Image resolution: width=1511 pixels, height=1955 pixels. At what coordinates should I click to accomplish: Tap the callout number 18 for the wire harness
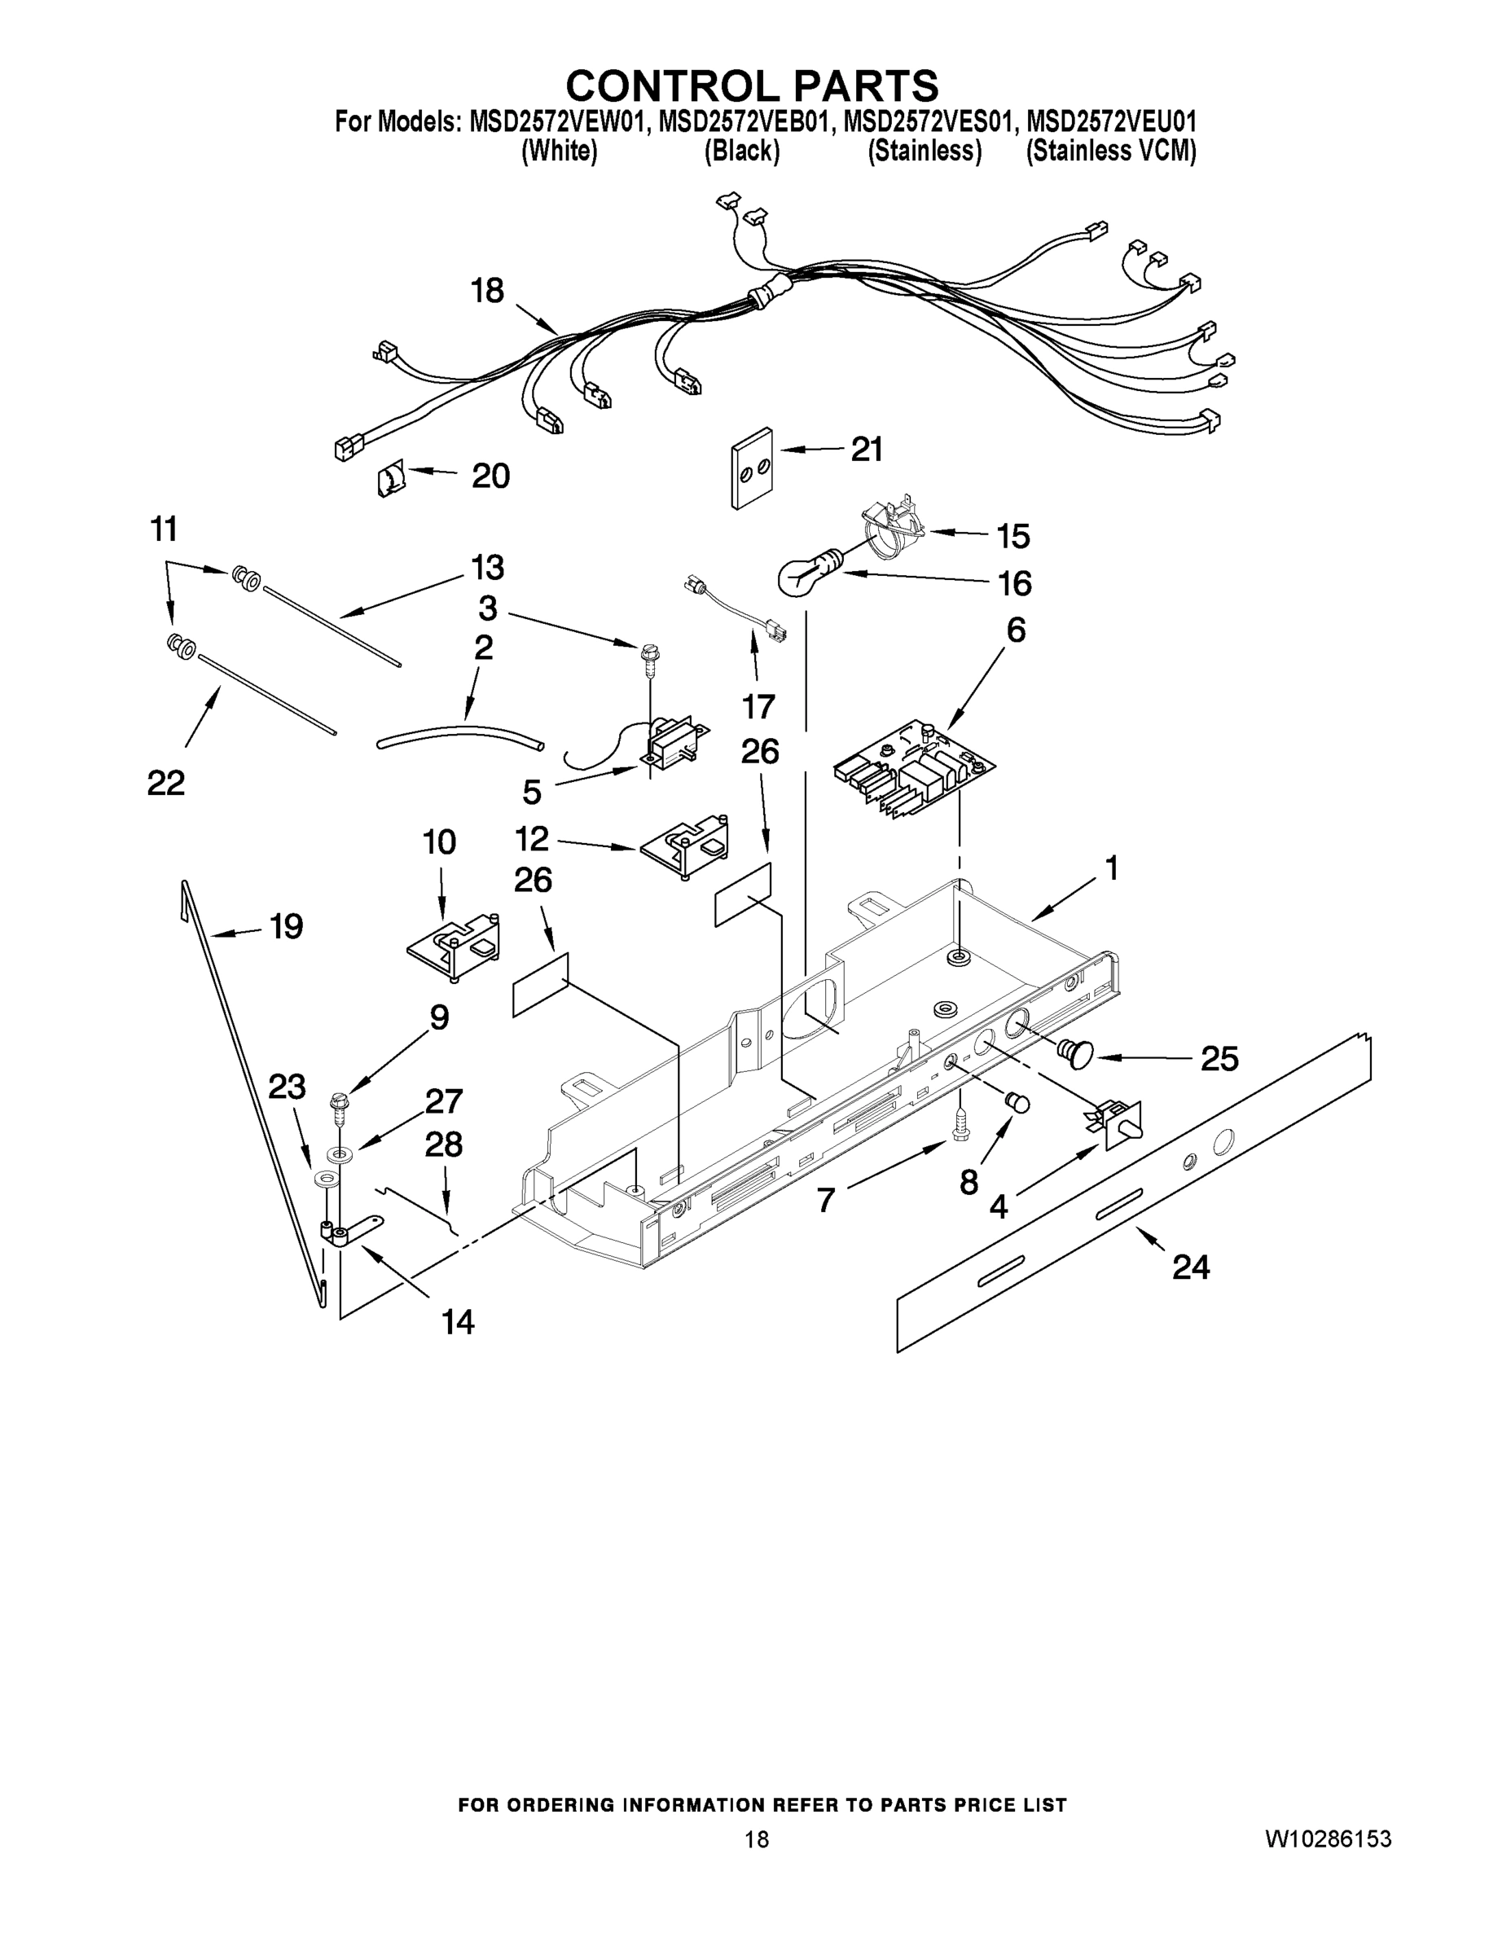point(488,291)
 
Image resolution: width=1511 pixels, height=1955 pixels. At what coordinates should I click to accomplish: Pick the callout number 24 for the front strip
point(1191,1267)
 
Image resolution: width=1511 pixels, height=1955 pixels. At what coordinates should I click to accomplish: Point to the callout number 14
point(458,1321)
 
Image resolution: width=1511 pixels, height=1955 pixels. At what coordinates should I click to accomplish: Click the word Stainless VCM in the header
point(1110,152)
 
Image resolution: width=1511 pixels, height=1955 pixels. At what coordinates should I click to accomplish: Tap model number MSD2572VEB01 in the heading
point(741,121)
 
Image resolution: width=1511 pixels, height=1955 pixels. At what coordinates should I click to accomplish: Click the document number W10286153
point(1328,1839)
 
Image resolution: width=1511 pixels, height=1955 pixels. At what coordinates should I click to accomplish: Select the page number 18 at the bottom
point(757,1839)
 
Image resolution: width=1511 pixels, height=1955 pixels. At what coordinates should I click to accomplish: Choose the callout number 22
point(165,782)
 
